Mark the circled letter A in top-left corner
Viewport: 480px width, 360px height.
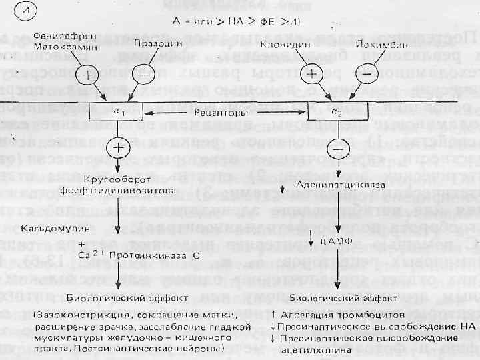coord(33,13)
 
